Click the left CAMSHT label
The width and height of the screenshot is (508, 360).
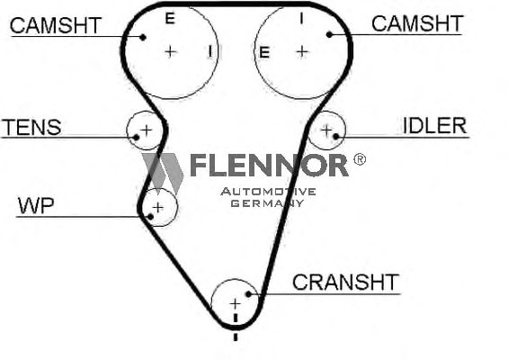[x=56, y=25]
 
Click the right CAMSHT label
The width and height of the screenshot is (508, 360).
[x=417, y=23]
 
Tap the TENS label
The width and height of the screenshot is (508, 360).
[x=31, y=127]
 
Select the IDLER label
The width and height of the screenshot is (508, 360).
[x=434, y=125]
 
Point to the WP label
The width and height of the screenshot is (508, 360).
[x=36, y=205]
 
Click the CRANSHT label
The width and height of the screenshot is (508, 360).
[x=345, y=283]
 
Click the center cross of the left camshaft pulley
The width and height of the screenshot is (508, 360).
[x=171, y=52]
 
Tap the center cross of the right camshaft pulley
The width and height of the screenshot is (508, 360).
[x=302, y=51]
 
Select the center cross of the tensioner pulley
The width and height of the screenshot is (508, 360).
[x=147, y=130]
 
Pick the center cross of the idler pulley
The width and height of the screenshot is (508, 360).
[x=326, y=130]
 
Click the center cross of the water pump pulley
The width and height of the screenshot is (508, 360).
[x=157, y=208]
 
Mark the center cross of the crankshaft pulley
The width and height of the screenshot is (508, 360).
[x=235, y=304]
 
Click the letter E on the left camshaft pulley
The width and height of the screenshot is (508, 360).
[x=170, y=19]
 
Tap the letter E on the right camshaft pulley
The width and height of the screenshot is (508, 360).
[x=264, y=52]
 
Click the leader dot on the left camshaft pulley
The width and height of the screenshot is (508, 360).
[x=143, y=37]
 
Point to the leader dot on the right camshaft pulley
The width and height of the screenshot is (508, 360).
[x=329, y=34]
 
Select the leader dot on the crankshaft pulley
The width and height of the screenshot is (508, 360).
[x=248, y=293]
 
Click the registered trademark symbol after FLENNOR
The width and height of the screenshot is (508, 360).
[x=360, y=159]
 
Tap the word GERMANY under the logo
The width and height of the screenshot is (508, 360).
[x=268, y=203]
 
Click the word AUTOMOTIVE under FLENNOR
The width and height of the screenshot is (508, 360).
[x=268, y=192]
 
